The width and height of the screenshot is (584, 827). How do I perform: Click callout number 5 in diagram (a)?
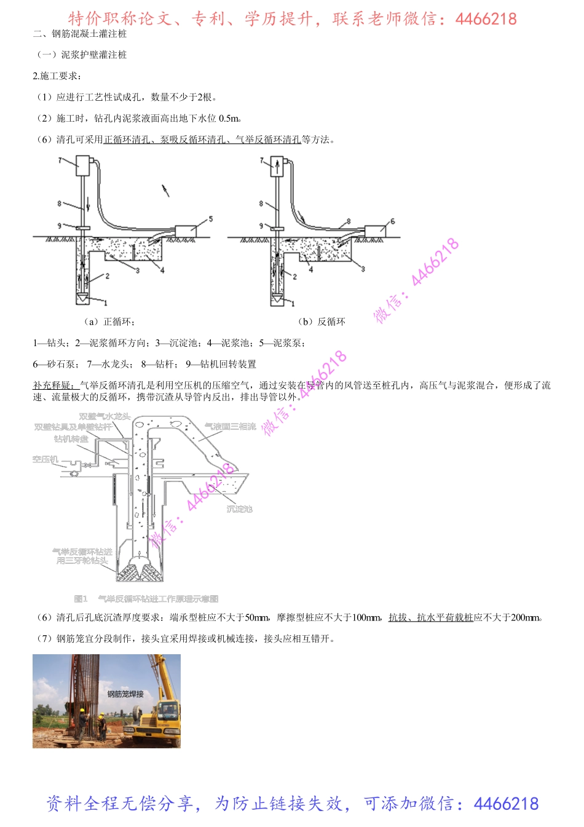[211, 219]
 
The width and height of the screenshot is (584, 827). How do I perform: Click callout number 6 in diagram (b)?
[392, 221]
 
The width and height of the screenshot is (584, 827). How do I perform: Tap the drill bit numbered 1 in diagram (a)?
[82, 298]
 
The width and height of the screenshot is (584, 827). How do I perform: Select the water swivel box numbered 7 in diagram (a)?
[83, 165]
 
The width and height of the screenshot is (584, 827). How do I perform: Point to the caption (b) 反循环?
[322, 322]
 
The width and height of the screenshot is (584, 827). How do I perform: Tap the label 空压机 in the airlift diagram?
[45, 459]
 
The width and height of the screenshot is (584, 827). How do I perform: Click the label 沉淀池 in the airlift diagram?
[239, 509]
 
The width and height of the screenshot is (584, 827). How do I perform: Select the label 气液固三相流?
[230, 426]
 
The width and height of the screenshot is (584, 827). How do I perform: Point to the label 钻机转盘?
[71, 438]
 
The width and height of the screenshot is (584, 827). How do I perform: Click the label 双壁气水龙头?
[105, 416]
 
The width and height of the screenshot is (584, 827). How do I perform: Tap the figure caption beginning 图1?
[146, 598]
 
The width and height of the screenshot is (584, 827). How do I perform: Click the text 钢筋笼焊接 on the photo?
[125, 694]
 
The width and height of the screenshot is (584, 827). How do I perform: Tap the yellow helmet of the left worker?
[82, 710]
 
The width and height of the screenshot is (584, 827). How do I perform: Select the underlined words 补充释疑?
[53, 386]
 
